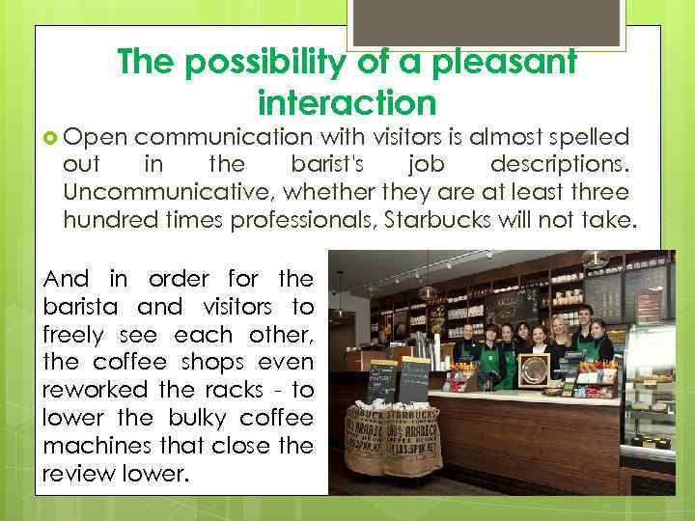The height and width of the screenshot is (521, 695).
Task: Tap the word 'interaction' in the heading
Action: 347,100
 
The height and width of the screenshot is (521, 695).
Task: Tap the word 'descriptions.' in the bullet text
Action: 560,164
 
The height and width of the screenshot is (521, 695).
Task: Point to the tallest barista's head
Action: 581,315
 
